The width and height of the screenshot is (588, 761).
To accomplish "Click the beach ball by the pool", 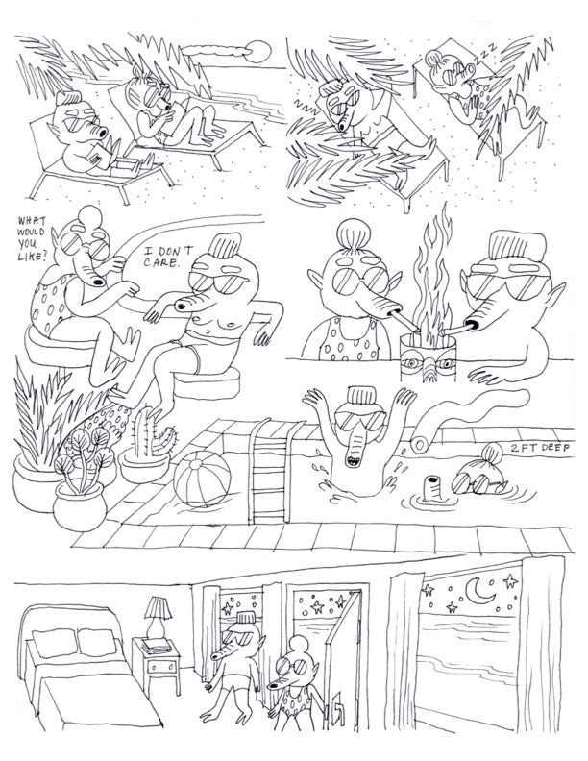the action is [x=202, y=479].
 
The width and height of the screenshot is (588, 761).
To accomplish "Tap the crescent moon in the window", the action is [x=478, y=592].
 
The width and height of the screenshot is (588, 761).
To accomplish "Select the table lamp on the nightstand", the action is [x=158, y=616].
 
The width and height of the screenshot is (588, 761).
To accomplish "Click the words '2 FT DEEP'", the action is [x=541, y=448].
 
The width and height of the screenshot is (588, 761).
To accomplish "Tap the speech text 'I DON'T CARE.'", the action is [x=167, y=257].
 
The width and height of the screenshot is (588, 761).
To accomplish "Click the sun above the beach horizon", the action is [x=257, y=52].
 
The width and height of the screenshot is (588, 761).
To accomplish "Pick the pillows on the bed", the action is [x=75, y=642].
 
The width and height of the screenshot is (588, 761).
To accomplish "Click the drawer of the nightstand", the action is [x=159, y=667].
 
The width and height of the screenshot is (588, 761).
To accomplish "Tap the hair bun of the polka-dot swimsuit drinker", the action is [x=354, y=233].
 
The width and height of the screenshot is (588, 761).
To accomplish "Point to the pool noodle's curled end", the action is [x=418, y=444].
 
